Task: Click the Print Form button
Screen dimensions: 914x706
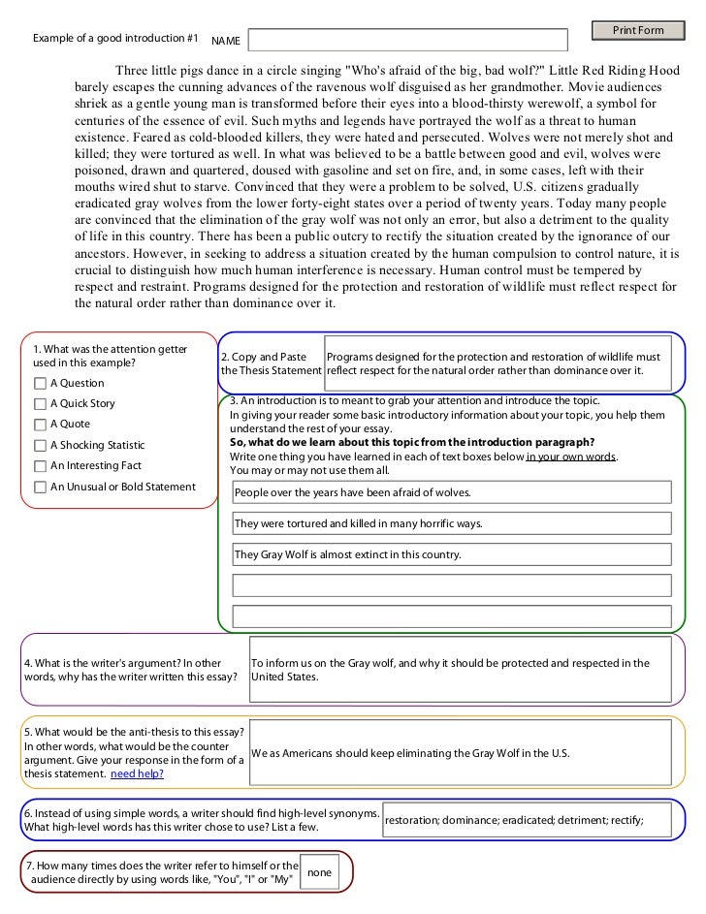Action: [x=638, y=30]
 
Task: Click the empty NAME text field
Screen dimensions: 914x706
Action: [x=408, y=40]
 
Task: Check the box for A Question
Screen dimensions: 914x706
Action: [x=40, y=383]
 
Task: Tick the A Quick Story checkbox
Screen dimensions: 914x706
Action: [x=40, y=404]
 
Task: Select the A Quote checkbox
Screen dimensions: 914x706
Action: [x=40, y=425]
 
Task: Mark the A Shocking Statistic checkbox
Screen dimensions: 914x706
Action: [x=40, y=446]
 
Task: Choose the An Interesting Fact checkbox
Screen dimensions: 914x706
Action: [x=40, y=466]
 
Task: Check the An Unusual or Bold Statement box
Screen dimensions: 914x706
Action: [x=40, y=488]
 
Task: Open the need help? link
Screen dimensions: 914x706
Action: [x=137, y=773]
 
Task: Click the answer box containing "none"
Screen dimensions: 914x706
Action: [x=319, y=872]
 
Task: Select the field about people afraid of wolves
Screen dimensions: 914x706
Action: [x=452, y=492]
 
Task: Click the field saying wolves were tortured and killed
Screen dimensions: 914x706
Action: [x=452, y=524]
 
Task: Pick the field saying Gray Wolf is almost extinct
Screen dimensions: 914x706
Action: [x=452, y=555]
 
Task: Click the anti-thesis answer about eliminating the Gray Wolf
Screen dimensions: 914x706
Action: [x=460, y=753]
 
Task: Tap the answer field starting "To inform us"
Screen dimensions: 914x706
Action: [x=460, y=670]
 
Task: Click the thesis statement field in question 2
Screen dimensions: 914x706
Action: [x=497, y=363]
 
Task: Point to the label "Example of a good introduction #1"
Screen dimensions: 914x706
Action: [x=115, y=39]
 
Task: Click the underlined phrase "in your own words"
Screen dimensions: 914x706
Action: [x=570, y=457]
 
